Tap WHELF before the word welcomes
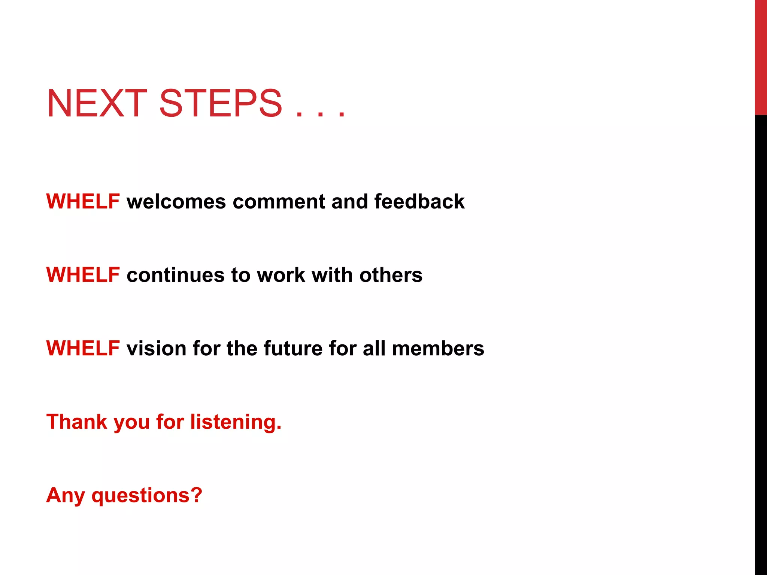coord(83,201)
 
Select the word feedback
coord(419,201)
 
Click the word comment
coord(279,202)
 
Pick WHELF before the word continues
coord(83,275)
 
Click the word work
coord(281,275)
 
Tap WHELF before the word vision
coord(83,348)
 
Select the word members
coord(438,348)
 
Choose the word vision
coord(156,348)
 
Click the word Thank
coord(77,422)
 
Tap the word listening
coord(236,422)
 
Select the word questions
coord(147,496)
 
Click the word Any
coord(66,496)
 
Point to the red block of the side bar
coord(761,56)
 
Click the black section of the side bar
coord(761,337)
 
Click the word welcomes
coord(176,201)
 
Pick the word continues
coord(175,275)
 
